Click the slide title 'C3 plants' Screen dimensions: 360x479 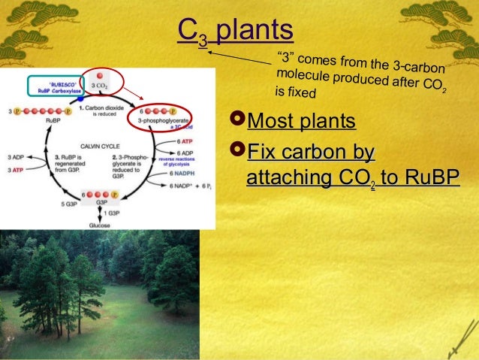235,31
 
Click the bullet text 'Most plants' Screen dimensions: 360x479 301,121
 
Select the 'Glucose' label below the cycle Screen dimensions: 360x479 100,225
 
